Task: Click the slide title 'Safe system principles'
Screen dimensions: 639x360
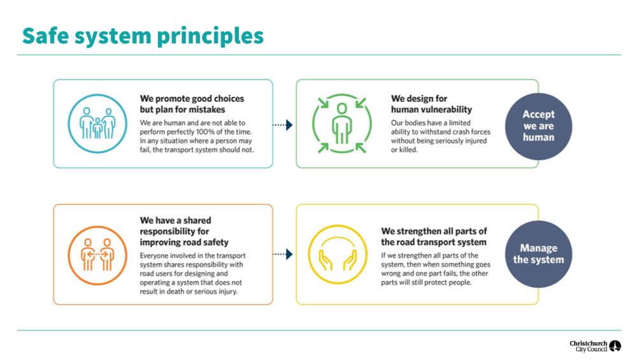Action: [x=143, y=37]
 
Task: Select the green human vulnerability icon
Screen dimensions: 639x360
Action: [x=342, y=124]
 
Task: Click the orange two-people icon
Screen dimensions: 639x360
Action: [x=97, y=255]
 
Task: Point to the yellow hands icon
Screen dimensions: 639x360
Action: [x=338, y=254]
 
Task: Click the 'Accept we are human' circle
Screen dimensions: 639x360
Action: [x=538, y=126]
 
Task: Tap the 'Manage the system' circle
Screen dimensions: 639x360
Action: [x=538, y=254]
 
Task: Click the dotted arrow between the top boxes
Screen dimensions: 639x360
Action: [x=282, y=125]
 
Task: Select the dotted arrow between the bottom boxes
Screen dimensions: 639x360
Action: [x=282, y=254]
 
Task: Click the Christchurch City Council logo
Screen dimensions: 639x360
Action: [x=595, y=346]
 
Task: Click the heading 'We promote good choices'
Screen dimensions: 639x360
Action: [x=192, y=99]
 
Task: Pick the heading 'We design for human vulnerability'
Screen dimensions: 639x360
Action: [x=431, y=104]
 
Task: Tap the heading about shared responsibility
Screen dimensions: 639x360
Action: [x=184, y=231]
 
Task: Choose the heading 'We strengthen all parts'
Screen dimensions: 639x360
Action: [x=434, y=236]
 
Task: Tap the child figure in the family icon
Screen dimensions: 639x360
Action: [x=97, y=128]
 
